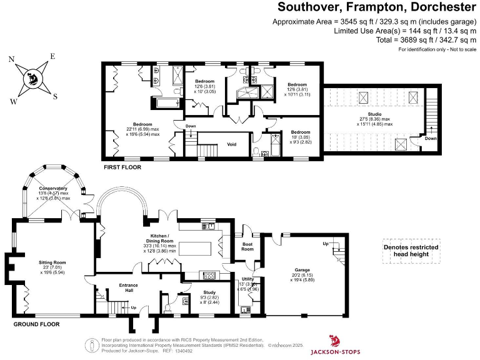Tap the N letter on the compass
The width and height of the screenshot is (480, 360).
[x=11, y=59]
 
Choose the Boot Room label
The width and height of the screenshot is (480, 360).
[x=247, y=246]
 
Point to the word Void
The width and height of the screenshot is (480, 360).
[x=232, y=144]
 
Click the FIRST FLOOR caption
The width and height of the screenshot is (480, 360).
[x=122, y=167]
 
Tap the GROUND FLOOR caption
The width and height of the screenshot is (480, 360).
[x=37, y=324]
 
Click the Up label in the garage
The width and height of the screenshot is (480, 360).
[x=325, y=243]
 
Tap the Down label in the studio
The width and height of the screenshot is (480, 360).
[x=431, y=139]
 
